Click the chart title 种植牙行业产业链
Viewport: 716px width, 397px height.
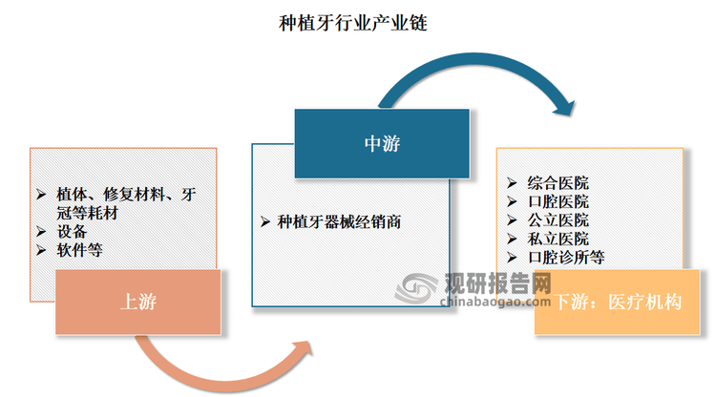coord(353,23)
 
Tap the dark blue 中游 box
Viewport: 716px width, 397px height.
coord(382,143)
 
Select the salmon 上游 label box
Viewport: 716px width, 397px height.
coord(137,302)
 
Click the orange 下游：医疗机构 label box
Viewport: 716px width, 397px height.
coord(617,302)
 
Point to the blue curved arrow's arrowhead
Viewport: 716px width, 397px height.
coord(564,107)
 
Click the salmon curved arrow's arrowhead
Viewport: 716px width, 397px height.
coord(303,350)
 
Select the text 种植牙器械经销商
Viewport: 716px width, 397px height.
coord(339,222)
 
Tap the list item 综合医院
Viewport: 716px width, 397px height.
coord(558,183)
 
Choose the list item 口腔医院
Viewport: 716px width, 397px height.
coord(558,201)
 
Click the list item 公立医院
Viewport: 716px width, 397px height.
coord(558,220)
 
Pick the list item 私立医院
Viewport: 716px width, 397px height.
coord(558,239)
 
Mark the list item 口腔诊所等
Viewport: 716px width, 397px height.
coord(566,258)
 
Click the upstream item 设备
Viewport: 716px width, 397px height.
coord(72,231)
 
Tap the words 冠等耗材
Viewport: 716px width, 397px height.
coord(87,213)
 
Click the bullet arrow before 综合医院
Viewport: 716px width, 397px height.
coord(512,183)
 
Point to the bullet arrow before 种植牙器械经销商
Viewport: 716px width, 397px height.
coord(265,222)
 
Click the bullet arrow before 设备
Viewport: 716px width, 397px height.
coord(41,232)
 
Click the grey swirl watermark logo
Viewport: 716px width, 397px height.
coord(415,288)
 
